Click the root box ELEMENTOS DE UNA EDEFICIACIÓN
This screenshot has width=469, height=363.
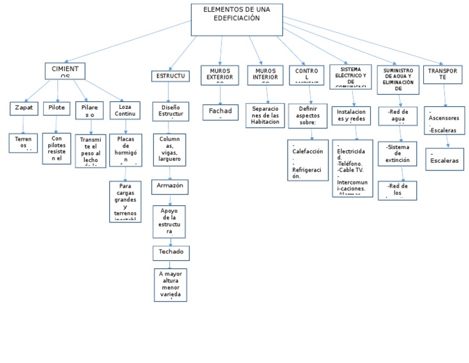tap(237, 20)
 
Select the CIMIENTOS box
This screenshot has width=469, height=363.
tap(65, 71)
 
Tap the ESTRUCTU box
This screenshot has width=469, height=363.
tap(170, 76)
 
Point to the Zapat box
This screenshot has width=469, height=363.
tap(24, 108)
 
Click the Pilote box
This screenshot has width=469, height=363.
tap(56, 108)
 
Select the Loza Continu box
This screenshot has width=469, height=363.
tap(125, 110)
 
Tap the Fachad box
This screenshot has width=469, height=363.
tap(220, 112)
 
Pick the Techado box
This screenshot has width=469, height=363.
tap(170, 252)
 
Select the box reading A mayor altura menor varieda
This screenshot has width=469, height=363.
tap(170, 284)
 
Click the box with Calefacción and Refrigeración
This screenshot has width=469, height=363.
tap(308, 160)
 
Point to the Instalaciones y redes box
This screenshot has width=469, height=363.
tap(351, 116)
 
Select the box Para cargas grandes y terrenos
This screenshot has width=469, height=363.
tap(125, 200)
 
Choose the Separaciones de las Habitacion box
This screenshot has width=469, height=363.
tap(264, 115)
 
